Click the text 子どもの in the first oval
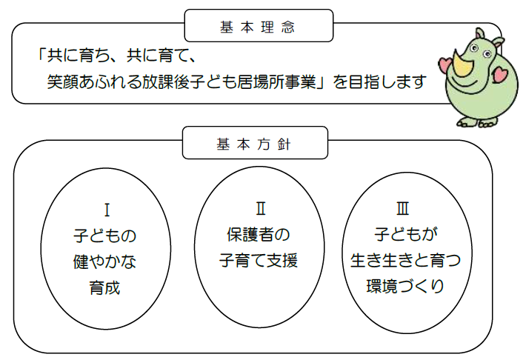point(107,236)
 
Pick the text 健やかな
point(107,261)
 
